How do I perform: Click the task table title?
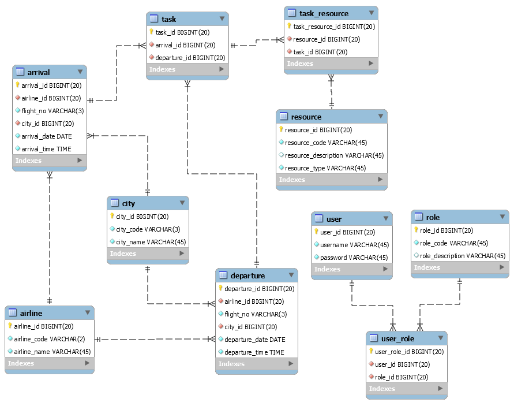tap(168, 19)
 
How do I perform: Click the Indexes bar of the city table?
tap(148, 254)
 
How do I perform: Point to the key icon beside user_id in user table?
tap(316, 232)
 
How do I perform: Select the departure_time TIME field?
tap(254, 352)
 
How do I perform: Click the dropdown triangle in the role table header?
tap(502, 217)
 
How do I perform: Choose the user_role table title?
tap(397, 338)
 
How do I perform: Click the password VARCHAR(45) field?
tap(354, 258)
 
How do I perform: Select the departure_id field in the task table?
tap(190, 58)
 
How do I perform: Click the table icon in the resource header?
tap(283, 117)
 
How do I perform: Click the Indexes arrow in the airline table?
tap(87, 363)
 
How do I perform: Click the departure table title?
tap(247, 275)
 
